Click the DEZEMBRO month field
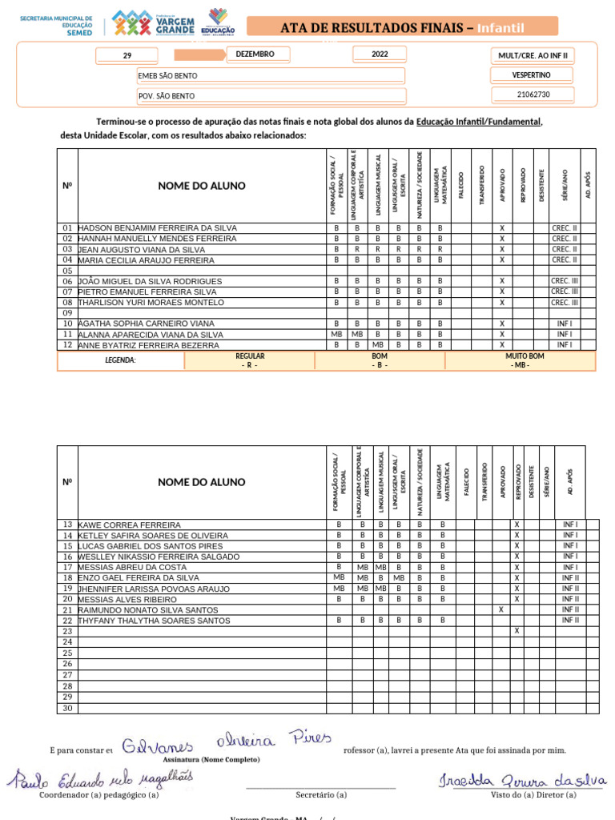[255, 54]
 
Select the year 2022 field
[380, 54]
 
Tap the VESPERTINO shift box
[531, 75]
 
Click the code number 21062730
[533, 94]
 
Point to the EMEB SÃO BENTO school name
[168, 76]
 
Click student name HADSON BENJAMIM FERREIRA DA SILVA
[158, 228]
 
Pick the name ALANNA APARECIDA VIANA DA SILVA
[151, 335]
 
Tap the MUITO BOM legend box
[521, 360]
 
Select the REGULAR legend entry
[250, 360]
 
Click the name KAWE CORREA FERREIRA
[129, 525]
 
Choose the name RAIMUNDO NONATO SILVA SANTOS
[147, 610]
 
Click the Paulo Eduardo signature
[101, 778]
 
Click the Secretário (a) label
[321, 795]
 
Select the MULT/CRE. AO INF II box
[532, 55]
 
